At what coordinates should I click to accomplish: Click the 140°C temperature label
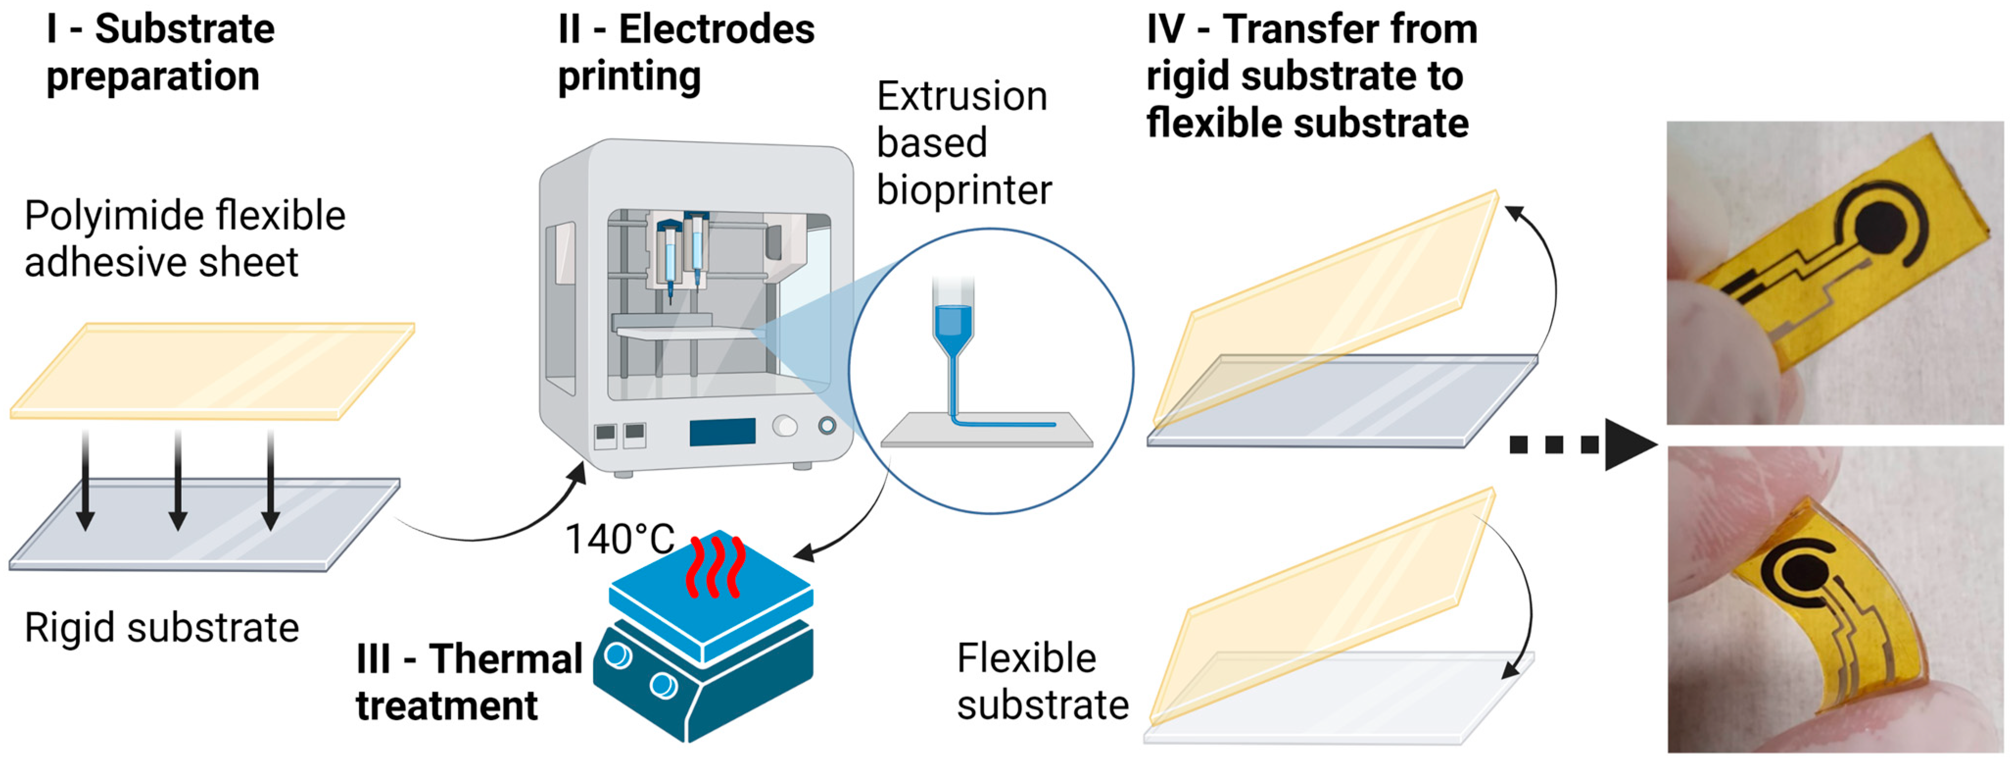click(x=619, y=539)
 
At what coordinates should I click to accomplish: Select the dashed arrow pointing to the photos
click(x=1579, y=445)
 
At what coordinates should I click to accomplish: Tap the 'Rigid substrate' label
click(x=161, y=627)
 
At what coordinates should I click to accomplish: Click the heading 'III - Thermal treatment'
click(x=469, y=681)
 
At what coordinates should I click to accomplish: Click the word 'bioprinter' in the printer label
click(x=963, y=190)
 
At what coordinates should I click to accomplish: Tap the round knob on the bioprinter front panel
click(x=784, y=426)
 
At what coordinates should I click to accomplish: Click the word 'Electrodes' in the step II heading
click(x=716, y=30)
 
